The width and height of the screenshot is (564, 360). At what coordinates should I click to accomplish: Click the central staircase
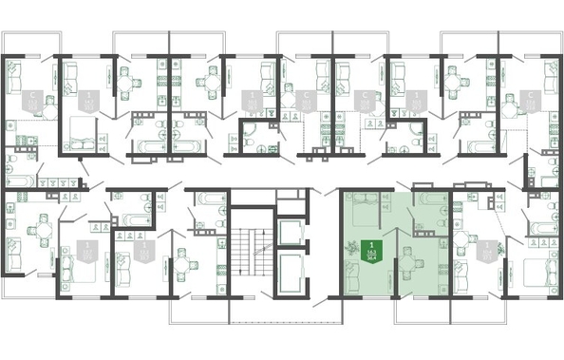pyautogui.click(x=252, y=252)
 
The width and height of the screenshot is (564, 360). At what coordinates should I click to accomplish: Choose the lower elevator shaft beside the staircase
pyautogui.click(x=291, y=270)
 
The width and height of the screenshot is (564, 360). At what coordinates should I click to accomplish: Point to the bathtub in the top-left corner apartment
pyautogui.click(x=19, y=178)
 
